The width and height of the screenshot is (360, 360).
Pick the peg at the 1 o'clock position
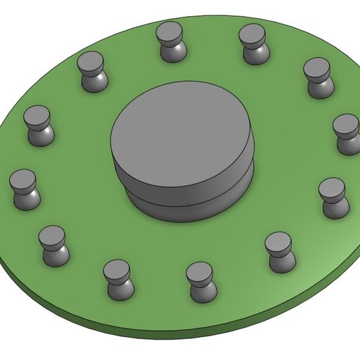tap(253, 43)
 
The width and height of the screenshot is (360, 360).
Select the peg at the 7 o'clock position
tap(118, 278)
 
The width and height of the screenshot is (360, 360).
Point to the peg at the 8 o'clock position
tap(53, 245)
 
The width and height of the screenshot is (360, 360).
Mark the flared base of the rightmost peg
tap(347, 146)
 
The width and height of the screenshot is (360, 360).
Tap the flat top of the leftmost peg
tap(23, 179)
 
